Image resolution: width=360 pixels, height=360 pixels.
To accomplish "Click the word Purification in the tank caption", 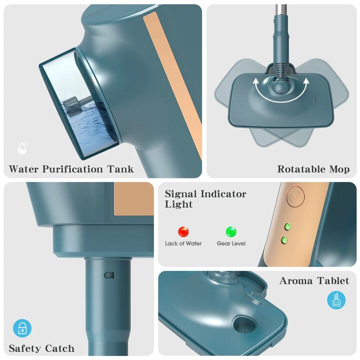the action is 72,169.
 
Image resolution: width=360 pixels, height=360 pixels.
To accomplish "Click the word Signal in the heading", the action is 180,194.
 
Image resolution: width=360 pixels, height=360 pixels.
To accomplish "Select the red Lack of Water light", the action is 183,231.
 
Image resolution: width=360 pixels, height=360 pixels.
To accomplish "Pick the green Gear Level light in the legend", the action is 231,231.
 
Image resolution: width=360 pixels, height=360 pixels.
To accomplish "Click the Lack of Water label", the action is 183,243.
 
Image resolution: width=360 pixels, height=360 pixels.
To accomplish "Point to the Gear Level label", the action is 231,243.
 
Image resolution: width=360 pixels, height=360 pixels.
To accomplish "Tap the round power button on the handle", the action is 296,196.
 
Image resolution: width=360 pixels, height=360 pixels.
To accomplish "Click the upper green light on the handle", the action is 287,227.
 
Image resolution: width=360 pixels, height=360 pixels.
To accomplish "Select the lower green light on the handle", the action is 284,240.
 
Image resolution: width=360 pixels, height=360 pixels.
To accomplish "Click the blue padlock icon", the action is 22,328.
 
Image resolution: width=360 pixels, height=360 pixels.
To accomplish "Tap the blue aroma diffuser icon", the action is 336,300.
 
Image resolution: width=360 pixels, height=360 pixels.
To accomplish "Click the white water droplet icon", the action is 22,147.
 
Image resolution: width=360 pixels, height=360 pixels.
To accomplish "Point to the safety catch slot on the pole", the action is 109,275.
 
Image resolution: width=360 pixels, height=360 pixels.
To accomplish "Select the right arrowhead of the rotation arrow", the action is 306,81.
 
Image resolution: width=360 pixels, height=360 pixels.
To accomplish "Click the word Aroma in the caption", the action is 296,281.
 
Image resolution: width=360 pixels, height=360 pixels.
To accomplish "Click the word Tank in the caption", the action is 120,169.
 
